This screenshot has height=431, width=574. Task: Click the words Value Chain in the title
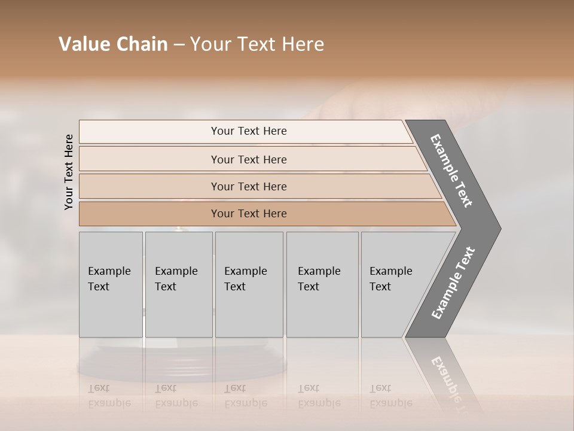[x=113, y=44]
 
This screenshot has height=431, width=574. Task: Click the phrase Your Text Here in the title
[x=257, y=44]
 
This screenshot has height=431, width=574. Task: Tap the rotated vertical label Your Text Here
[x=69, y=172]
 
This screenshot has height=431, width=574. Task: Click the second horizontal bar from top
[x=248, y=159]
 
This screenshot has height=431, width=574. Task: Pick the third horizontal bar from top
[x=248, y=186]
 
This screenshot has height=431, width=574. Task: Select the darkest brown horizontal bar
[x=248, y=214]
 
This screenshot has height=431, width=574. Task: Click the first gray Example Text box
[x=111, y=284]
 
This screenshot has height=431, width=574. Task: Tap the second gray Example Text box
[x=178, y=284]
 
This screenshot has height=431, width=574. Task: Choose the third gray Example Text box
[x=249, y=284]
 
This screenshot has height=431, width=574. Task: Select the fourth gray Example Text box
[x=322, y=284]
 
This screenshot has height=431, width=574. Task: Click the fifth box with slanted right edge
[x=395, y=284]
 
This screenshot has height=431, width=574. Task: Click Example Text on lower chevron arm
[x=453, y=283]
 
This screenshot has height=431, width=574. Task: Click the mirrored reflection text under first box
[x=109, y=396]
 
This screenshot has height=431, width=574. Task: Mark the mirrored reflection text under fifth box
[x=390, y=396]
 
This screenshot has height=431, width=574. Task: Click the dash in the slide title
[x=179, y=45]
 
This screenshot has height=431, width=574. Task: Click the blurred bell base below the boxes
[x=182, y=362]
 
